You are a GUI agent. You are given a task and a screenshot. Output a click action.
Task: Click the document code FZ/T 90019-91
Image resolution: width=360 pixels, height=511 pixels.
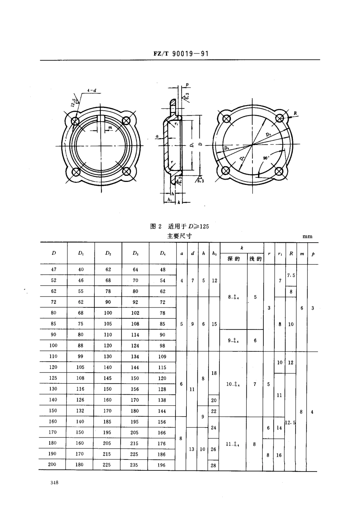point(181,54)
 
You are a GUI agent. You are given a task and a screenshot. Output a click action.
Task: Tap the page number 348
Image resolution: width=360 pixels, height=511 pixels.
point(54,483)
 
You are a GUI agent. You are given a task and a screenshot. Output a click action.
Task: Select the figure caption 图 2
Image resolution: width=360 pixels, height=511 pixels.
point(156,226)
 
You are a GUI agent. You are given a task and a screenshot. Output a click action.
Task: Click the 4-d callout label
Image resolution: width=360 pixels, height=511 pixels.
point(91,90)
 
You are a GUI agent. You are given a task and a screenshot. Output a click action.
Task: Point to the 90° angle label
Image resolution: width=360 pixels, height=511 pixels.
point(266,158)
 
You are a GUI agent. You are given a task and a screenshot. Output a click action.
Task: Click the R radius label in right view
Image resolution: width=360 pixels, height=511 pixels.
point(295,113)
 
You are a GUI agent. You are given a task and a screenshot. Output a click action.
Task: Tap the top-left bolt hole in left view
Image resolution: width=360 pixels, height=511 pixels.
point(75,121)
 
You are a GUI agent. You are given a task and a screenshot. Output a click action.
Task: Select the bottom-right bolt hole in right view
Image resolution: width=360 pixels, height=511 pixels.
point(280,171)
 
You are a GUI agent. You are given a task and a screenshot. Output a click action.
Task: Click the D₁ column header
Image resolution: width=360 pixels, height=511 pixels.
point(81,253)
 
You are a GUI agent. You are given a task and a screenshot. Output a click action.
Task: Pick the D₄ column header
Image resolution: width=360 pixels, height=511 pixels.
point(163,253)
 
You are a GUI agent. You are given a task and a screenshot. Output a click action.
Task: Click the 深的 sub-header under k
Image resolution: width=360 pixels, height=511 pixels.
point(233,259)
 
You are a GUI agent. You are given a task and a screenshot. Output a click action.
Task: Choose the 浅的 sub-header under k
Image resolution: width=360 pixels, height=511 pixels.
point(255,259)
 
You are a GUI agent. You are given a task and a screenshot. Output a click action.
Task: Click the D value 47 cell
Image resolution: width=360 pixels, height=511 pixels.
point(54,270)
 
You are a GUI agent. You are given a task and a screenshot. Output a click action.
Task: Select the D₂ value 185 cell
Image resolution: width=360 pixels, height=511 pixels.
point(108,422)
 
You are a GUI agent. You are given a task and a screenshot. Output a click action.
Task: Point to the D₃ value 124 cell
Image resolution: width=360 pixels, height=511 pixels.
point(135,346)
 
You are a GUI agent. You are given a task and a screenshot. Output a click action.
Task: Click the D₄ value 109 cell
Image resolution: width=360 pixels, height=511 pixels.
point(162,356)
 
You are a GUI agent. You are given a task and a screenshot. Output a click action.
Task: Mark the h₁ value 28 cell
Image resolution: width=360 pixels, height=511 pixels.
point(213,465)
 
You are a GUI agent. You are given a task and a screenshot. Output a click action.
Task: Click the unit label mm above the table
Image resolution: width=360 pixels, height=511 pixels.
point(307,236)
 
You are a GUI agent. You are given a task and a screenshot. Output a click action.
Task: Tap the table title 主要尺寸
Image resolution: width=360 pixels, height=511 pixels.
point(180,236)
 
